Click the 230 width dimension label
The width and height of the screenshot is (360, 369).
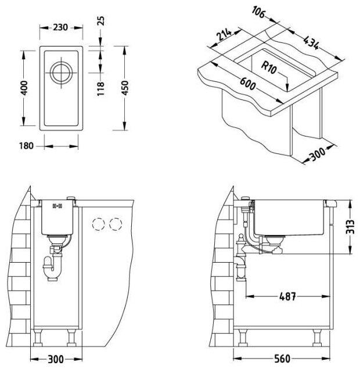click(x=60, y=27)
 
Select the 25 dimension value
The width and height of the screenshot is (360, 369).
click(x=100, y=21)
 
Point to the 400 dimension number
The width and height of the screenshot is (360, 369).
click(x=24, y=88)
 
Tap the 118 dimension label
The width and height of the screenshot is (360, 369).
click(x=100, y=89)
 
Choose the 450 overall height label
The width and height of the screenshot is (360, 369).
click(x=125, y=88)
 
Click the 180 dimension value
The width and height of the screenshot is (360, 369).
click(x=26, y=146)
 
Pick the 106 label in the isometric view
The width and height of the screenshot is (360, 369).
click(x=258, y=12)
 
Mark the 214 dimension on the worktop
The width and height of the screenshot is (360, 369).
click(x=224, y=34)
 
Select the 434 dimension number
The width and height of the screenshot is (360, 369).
click(x=311, y=42)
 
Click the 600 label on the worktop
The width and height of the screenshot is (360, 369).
click(x=248, y=83)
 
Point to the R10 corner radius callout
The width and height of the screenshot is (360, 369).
click(x=269, y=67)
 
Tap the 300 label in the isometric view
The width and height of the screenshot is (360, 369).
click(x=318, y=153)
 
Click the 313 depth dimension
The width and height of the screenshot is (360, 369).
click(x=350, y=227)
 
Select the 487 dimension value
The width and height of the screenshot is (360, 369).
click(x=287, y=296)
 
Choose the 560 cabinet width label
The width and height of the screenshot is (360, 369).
click(x=282, y=359)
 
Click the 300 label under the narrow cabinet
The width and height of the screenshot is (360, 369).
click(x=56, y=359)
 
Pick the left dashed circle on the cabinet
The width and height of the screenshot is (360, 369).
click(x=99, y=224)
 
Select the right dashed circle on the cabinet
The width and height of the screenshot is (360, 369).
click(x=116, y=224)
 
